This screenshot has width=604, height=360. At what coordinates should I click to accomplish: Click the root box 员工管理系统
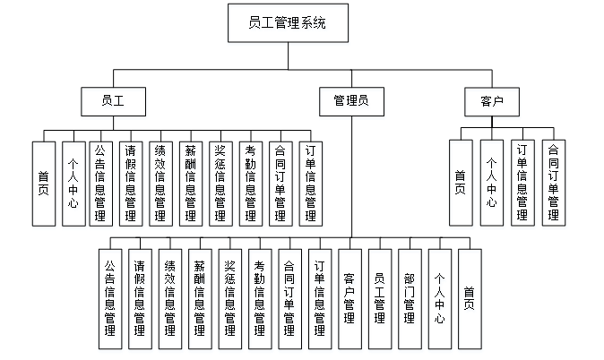tap(287, 23)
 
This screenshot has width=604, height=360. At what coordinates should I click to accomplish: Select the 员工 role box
tap(113, 102)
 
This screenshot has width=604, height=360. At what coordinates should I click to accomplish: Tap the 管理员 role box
tap(350, 102)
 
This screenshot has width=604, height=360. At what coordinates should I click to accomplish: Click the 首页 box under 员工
tap(44, 183)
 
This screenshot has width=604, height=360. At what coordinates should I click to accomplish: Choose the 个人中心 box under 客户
tap(492, 183)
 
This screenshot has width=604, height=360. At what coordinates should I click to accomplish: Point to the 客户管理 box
tap(349, 298)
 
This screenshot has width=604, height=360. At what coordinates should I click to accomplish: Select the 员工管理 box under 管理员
tap(380, 298)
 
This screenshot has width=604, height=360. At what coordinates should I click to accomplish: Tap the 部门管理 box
tap(410, 298)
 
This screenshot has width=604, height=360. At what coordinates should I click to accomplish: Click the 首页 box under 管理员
tap(470, 298)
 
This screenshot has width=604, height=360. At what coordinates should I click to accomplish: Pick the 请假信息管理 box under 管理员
tap(140, 298)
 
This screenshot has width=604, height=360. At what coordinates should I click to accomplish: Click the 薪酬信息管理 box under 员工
tap(191, 183)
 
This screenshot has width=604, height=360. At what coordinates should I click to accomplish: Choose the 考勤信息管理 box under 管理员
tap(260, 298)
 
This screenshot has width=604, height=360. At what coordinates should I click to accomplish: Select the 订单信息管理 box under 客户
tap(522, 183)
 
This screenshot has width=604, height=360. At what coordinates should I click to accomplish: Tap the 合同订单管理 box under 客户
tap(553, 183)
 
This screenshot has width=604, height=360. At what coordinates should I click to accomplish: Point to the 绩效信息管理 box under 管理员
tap(170, 298)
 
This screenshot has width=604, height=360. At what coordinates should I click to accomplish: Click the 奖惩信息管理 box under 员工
tap(220, 183)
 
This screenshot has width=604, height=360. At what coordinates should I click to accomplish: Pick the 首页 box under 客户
tap(461, 183)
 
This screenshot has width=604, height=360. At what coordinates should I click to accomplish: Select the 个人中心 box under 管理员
tap(440, 298)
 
